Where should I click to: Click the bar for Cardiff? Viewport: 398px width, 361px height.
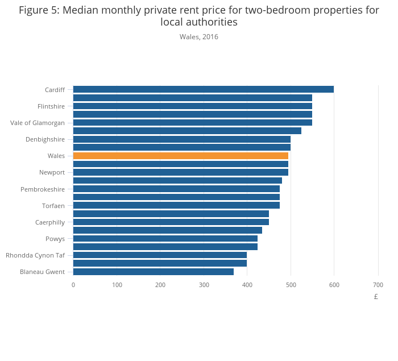(x=203, y=89)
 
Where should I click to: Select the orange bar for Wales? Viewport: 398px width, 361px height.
(x=180, y=156)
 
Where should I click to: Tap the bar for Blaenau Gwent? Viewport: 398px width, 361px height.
(x=153, y=272)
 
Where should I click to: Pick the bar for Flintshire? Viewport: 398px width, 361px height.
(x=192, y=106)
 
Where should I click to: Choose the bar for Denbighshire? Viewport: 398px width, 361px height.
(x=181, y=139)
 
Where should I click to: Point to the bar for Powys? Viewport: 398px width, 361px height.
(x=165, y=239)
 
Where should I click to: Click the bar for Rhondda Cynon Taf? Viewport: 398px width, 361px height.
(x=160, y=255)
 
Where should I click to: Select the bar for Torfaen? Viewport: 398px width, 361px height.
(x=176, y=205)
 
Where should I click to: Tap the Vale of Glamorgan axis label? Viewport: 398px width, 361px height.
(x=38, y=123)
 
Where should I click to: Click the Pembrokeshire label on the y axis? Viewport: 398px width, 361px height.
(x=43, y=189)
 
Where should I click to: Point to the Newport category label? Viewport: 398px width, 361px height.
(x=52, y=173)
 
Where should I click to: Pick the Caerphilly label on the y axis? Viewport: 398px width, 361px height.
(x=50, y=222)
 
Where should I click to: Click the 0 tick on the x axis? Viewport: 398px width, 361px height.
(x=73, y=285)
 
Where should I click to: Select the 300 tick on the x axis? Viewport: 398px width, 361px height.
(x=204, y=285)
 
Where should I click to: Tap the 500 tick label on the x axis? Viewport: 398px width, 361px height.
(x=291, y=285)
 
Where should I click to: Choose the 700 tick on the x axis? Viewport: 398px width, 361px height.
(x=378, y=285)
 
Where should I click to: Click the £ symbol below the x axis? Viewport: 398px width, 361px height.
(x=376, y=297)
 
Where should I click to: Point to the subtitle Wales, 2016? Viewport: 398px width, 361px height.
(x=199, y=37)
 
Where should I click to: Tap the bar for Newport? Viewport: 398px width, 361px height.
(x=180, y=172)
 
